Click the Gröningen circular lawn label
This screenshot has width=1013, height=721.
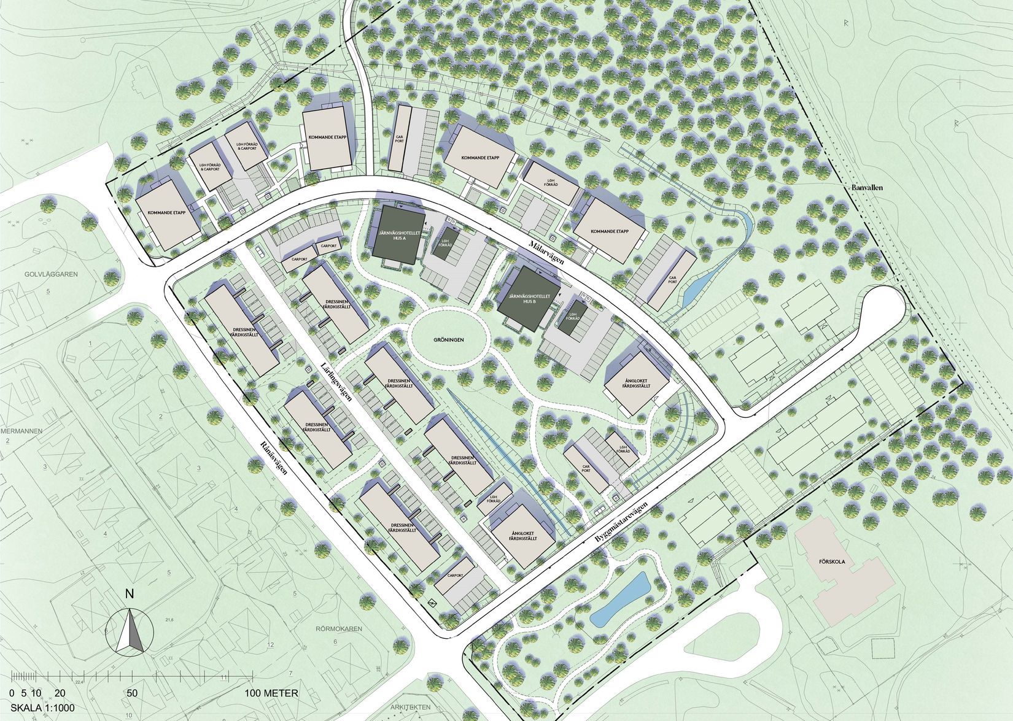447,339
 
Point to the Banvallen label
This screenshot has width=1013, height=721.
867,187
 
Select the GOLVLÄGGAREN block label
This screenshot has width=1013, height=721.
52,274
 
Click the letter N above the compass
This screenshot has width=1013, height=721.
129,593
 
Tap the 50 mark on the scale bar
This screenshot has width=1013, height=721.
132,693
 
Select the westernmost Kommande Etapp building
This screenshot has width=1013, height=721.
167,213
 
